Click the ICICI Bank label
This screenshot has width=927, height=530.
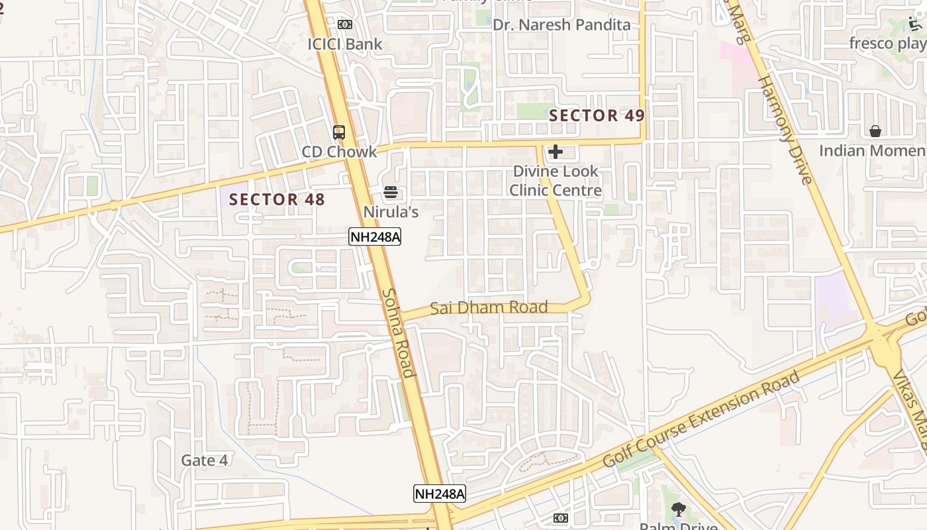tap(344, 44)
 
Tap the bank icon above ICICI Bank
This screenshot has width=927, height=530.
tap(344, 25)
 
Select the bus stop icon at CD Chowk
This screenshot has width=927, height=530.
tap(339, 132)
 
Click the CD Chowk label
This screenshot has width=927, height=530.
tap(339, 152)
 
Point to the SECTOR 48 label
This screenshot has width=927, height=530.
tap(277, 199)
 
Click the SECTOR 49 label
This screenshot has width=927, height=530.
tap(597, 115)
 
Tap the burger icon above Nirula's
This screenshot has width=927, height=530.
tap(391, 192)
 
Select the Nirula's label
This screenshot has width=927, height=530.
tap(391, 212)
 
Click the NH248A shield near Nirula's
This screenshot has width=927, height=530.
tap(375, 237)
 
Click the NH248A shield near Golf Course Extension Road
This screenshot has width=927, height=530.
tap(440, 493)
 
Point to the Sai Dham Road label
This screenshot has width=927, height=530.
tap(489, 307)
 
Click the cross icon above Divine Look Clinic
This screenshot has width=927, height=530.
tap(556, 152)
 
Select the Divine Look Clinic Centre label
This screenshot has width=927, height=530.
tap(556, 181)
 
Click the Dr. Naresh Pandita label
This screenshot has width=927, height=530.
tap(561, 25)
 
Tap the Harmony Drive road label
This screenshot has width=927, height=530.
tap(784, 130)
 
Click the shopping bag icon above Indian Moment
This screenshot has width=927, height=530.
tap(875, 131)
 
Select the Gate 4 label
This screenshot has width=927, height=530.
tap(205, 460)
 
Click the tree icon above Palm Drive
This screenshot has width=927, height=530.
tap(678, 509)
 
